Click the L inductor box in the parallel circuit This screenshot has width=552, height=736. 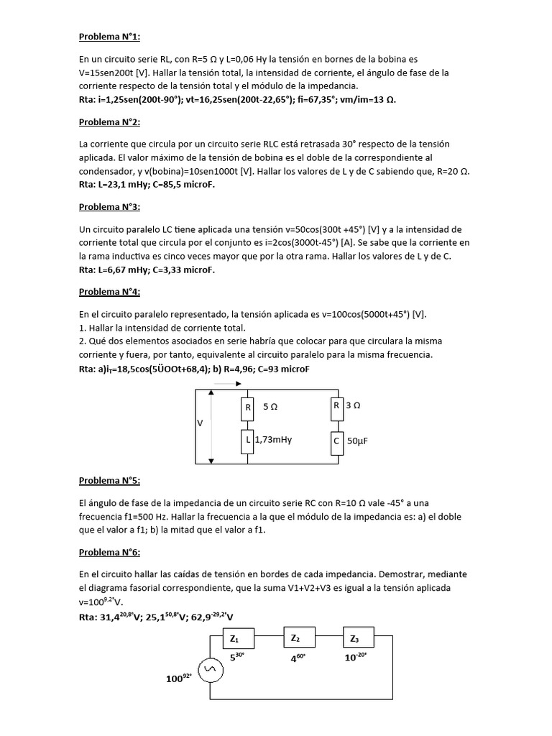[248, 440]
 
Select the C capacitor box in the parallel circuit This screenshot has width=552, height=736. [336, 441]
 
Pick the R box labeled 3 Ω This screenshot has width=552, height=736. [336, 405]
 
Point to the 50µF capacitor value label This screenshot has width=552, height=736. [359, 441]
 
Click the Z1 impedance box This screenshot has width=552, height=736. [235, 638]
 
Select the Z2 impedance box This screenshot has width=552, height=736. [295, 638]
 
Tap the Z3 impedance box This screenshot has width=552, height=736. [354, 638]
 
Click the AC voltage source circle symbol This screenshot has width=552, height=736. [210, 671]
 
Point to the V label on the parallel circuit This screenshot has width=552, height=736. [201, 423]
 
